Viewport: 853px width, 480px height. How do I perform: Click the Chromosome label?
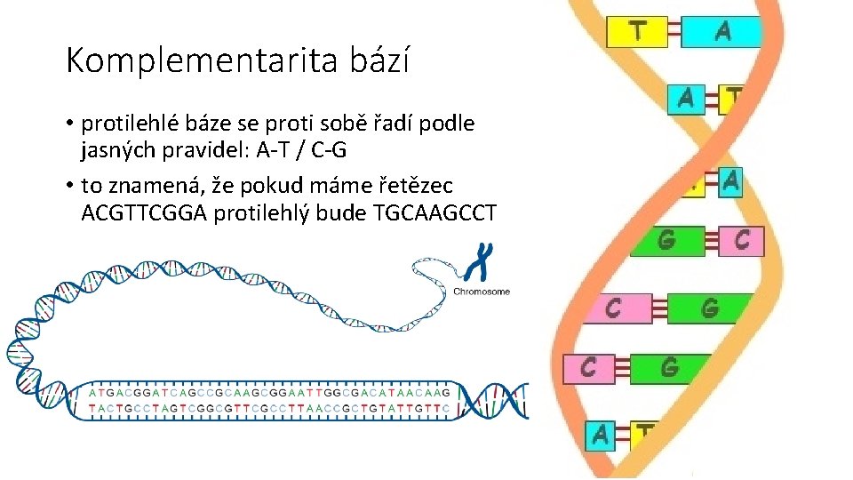pyautogui.click(x=482, y=292)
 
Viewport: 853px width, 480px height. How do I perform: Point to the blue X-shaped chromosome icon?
pyautogui.click(x=482, y=263)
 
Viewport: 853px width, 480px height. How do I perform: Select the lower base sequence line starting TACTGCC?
pyautogui.click(x=271, y=410)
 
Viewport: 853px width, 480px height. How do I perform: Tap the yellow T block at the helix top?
pyautogui.click(x=636, y=31)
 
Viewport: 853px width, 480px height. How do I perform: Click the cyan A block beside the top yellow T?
pyautogui.click(x=722, y=31)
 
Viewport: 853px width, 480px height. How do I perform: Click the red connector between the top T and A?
pyautogui.click(x=679, y=31)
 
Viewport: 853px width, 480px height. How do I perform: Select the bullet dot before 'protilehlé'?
pyautogui.click(x=70, y=124)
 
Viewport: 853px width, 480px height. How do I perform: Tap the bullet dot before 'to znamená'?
pyautogui.click(x=70, y=187)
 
